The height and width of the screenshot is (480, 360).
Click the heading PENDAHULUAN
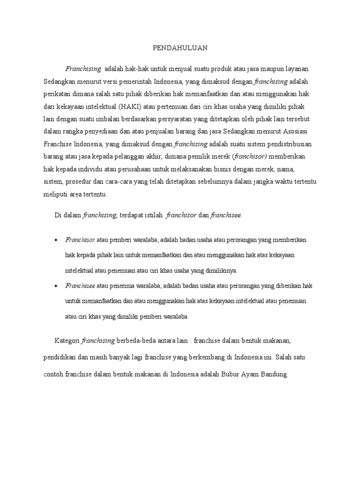tap(180, 48)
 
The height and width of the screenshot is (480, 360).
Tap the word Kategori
tap(67, 341)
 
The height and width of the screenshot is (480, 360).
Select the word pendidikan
tap(59, 358)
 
